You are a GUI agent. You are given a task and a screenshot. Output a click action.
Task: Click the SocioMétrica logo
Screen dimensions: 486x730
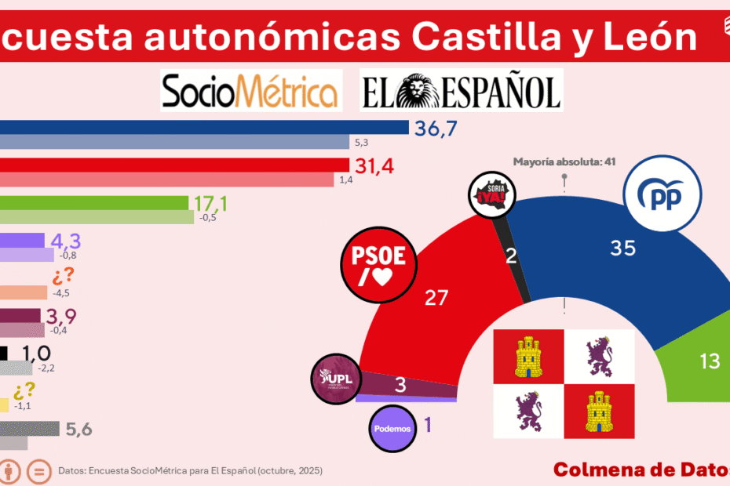(x=250, y=89)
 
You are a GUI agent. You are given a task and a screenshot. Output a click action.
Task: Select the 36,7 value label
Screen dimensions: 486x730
(x=436, y=129)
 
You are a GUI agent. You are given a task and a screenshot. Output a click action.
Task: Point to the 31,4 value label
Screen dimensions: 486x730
(x=377, y=166)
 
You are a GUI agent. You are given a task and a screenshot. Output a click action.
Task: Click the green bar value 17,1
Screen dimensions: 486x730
(x=210, y=204)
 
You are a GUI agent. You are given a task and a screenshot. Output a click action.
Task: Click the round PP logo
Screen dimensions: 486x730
(x=660, y=193)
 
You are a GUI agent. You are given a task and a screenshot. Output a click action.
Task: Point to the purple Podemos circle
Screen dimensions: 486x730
(x=392, y=428)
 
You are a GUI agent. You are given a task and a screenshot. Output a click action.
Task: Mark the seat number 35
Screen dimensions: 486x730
(x=623, y=248)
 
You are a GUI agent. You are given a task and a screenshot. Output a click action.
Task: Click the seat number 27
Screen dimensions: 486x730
(x=436, y=297)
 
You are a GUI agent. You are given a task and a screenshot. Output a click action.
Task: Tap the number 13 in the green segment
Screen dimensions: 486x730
(x=710, y=361)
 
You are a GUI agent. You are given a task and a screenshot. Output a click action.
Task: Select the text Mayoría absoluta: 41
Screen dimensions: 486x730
(x=564, y=162)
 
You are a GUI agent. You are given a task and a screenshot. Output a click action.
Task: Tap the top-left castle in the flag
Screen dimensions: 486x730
(x=528, y=356)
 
